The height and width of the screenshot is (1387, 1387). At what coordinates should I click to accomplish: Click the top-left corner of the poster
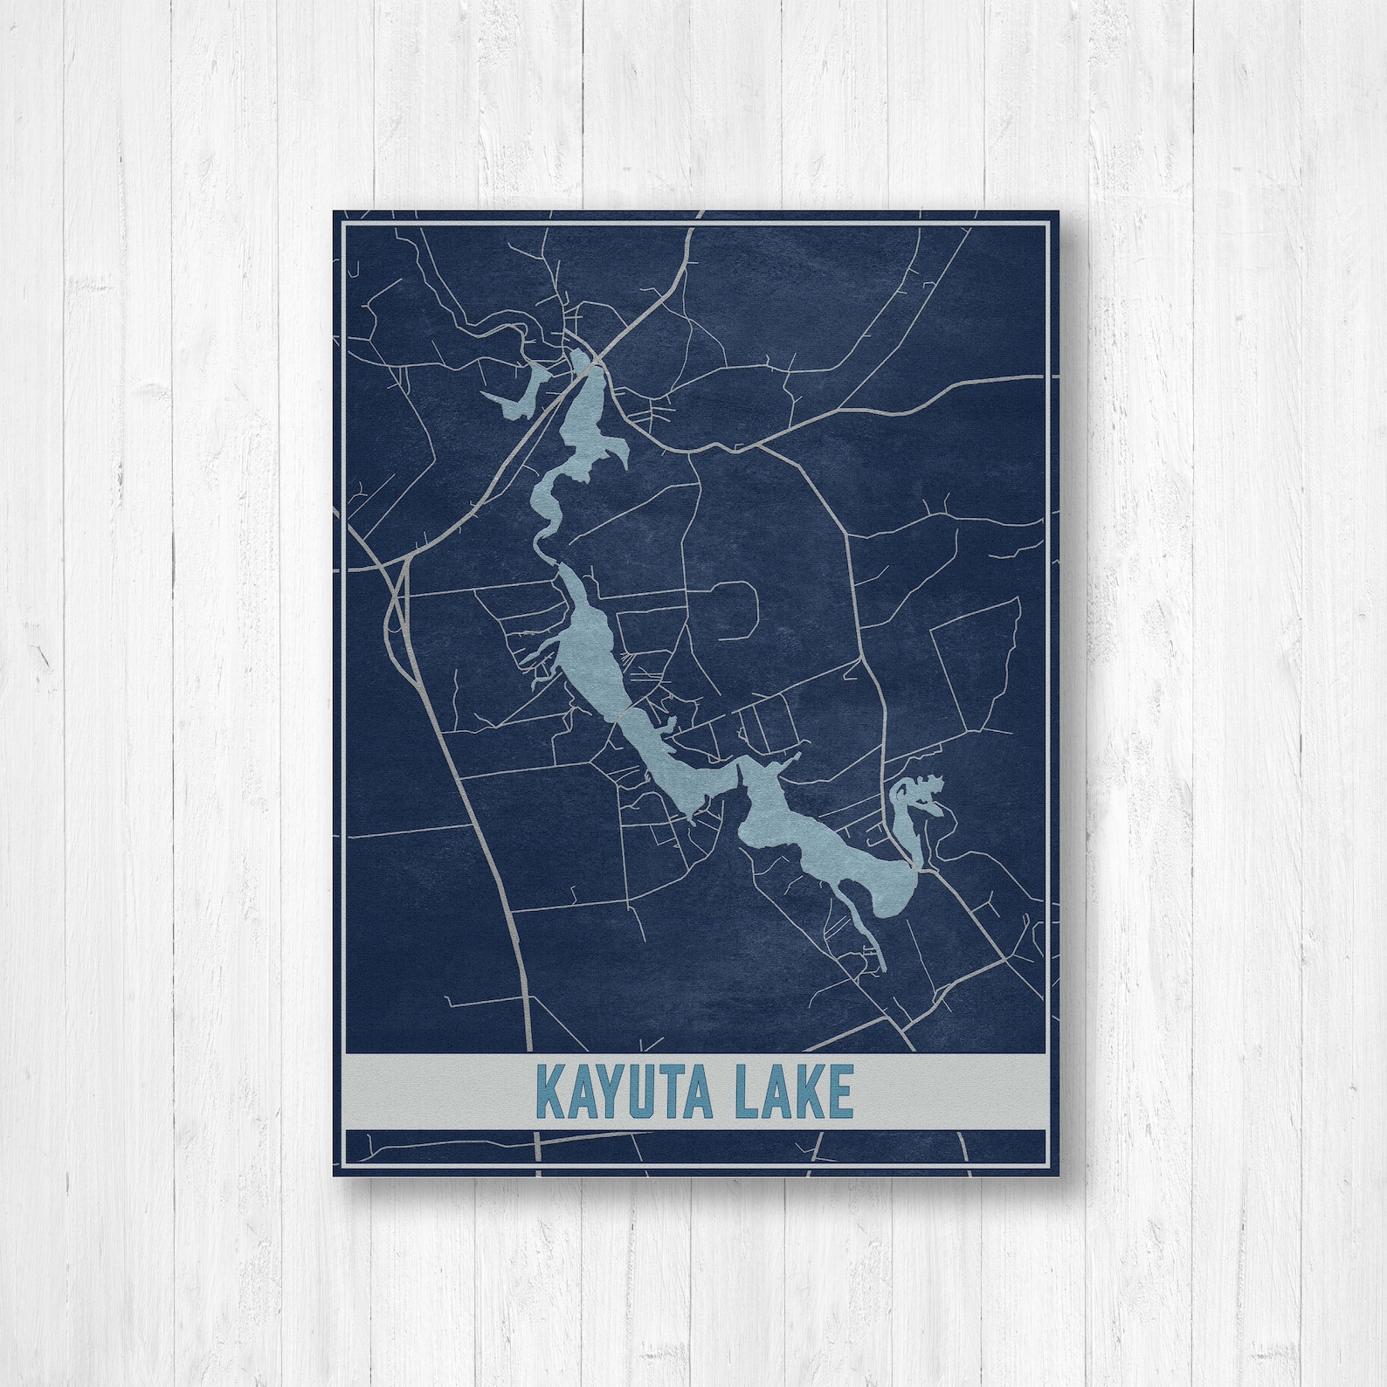tap(334, 211)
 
